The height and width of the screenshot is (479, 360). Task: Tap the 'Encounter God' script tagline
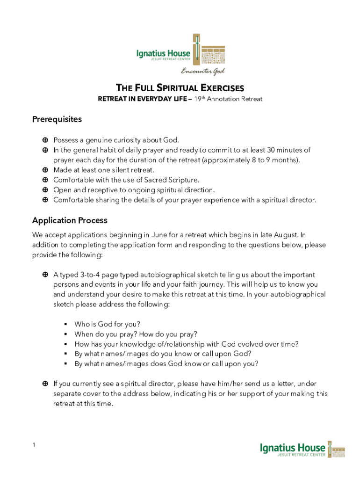pos(203,71)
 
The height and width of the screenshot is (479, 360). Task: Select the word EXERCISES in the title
pos(222,88)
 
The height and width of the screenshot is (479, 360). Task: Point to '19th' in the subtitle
pos(199,99)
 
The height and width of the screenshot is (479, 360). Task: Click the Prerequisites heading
pos(57,119)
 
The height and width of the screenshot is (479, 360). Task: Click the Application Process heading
pos(70,220)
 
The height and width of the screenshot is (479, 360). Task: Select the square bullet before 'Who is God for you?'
pos(66,324)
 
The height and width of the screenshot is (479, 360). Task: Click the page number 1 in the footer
pos(34,444)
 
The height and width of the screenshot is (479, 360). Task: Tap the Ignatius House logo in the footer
pos(302,449)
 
